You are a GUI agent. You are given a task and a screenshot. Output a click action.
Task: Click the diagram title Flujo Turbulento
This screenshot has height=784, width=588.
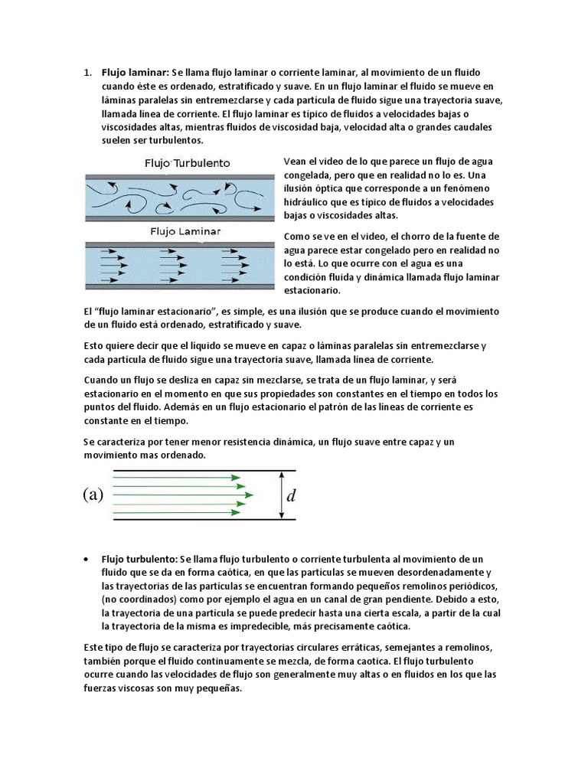pyautogui.click(x=187, y=163)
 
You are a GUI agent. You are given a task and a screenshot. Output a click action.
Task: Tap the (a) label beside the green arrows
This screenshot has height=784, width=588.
pyautogui.click(x=93, y=495)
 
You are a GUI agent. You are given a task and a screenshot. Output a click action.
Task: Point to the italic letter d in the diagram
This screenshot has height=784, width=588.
pyautogui.click(x=290, y=496)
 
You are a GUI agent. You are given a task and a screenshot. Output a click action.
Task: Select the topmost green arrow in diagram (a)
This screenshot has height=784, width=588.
pyautogui.click(x=177, y=477)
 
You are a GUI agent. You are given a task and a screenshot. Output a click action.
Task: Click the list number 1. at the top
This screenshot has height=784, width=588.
pyautogui.click(x=87, y=72)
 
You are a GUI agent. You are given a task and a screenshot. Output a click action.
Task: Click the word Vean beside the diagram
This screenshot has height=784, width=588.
pyautogui.click(x=296, y=162)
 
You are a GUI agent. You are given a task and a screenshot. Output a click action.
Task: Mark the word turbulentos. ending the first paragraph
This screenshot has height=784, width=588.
pyautogui.click(x=177, y=141)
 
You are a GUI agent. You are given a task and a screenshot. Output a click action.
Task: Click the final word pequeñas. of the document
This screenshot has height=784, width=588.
pyautogui.click(x=217, y=688)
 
